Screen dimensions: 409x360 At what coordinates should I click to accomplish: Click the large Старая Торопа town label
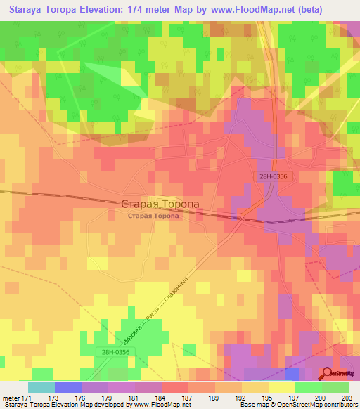[160, 204]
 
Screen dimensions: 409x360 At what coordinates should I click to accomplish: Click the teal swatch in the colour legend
[41, 388]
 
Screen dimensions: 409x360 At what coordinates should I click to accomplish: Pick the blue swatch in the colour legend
[68, 388]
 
